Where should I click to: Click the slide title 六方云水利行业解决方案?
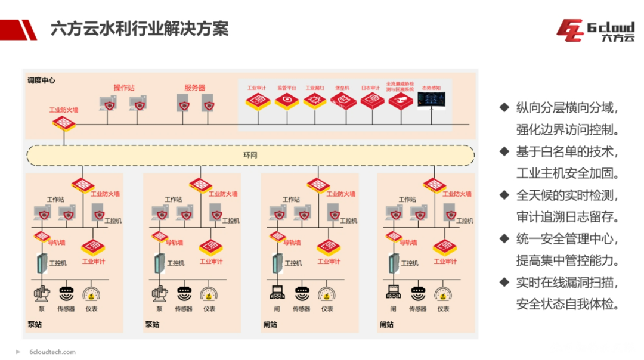pyautogui.click(x=140, y=28)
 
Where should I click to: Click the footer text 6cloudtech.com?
pyautogui.click(x=52, y=352)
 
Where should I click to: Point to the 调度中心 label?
pyautogui.click(x=41, y=80)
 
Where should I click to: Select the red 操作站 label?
pyautogui.click(x=124, y=88)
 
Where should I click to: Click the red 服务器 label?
pyautogui.click(x=194, y=88)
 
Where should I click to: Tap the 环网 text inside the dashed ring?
pyautogui.click(x=250, y=155)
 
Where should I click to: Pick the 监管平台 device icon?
pyautogui.click(x=287, y=100)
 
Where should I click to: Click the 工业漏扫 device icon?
pyautogui.click(x=315, y=100)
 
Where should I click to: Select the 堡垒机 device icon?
pyautogui.click(x=342, y=100)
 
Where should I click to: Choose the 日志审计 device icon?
pyautogui.click(x=371, y=100)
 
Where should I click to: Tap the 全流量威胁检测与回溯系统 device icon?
pyautogui.click(x=400, y=100)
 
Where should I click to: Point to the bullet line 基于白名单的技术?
pyautogui.click(x=566, y=152)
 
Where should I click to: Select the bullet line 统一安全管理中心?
pyautogui.click(x=566, y=239)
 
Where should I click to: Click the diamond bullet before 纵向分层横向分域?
pyautogui.click(x=504, y=108)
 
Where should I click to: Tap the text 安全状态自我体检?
pyautogui.click(x=566, y=304)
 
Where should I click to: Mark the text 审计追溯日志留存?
pyautogui.click(x=566, y=217)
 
